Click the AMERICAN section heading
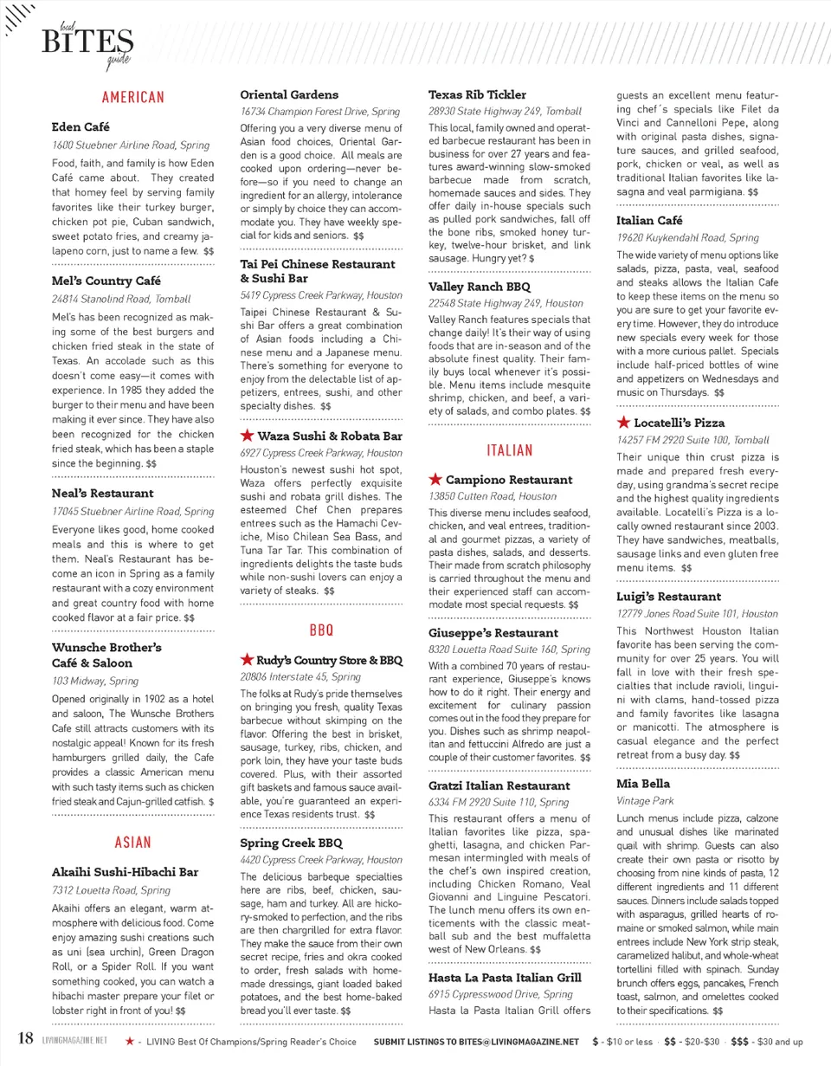coord(132,97)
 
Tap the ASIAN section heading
coord(132,842)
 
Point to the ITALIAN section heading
coord(509,450)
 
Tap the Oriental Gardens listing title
coord(288,94)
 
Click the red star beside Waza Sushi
coord(247,435)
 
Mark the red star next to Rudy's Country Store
coord(247,660)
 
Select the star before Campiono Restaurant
coord(435,480)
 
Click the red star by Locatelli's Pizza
coord(623,423)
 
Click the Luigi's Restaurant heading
coord(668,597)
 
